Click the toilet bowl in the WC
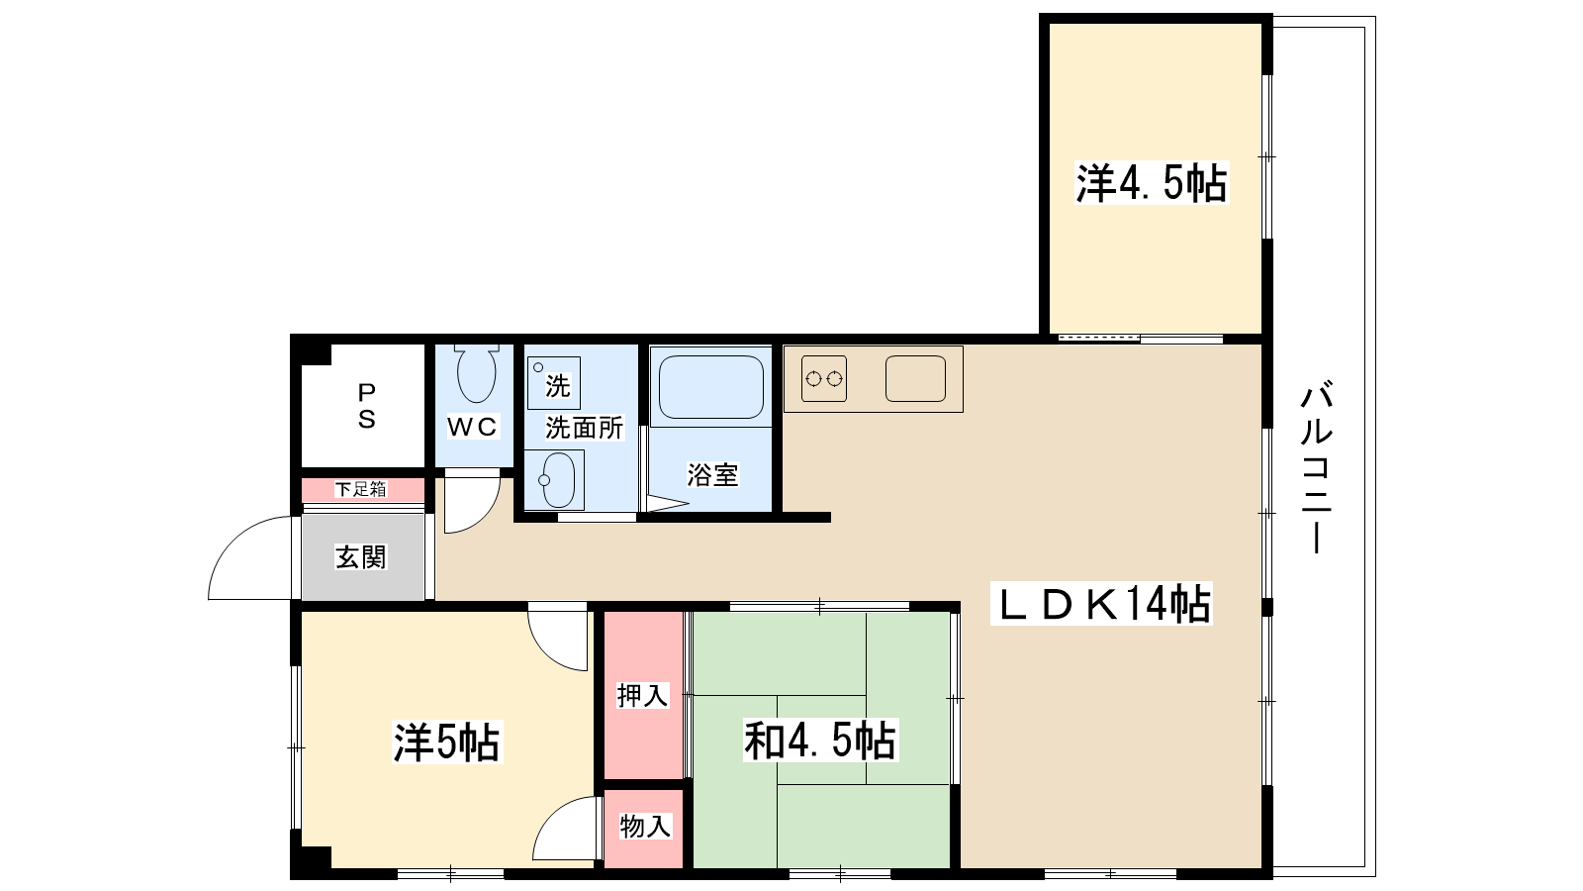point(476,373)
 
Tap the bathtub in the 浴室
point(711,386)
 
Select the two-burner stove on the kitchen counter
point(824,379)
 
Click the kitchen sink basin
point(915,378)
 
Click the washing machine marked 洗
point(554,383)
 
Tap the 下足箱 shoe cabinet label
point(360,489)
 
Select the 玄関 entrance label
point(360,557)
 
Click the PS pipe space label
point(366,406)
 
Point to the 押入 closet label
point(642,696)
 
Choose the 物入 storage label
point(644,826)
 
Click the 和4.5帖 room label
point(820,740)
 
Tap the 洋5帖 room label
point(446,742)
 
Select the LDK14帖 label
point(1102,604)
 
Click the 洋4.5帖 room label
point(1152,183)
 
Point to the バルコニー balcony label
point(1316,466)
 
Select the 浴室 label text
point(712,474)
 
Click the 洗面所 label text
point(584,428)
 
